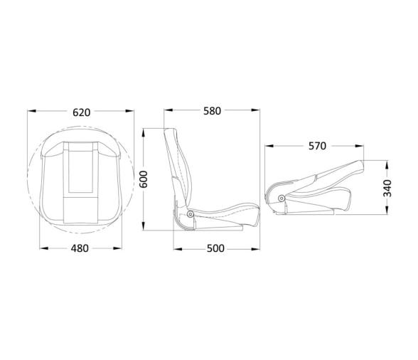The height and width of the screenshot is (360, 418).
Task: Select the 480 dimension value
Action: (81, 248)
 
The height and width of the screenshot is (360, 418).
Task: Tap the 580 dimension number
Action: (210, 111)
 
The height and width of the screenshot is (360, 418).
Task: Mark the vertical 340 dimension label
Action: (387, 186)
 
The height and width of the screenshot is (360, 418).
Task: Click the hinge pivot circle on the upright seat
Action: (189, 215)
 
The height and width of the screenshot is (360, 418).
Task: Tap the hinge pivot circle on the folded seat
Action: (282, 198)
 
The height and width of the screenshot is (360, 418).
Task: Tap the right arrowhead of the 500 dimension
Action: (254, 248)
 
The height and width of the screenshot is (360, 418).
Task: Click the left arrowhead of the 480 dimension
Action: (41, 248)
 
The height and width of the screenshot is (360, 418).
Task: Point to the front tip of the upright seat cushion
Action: (253, 211)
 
